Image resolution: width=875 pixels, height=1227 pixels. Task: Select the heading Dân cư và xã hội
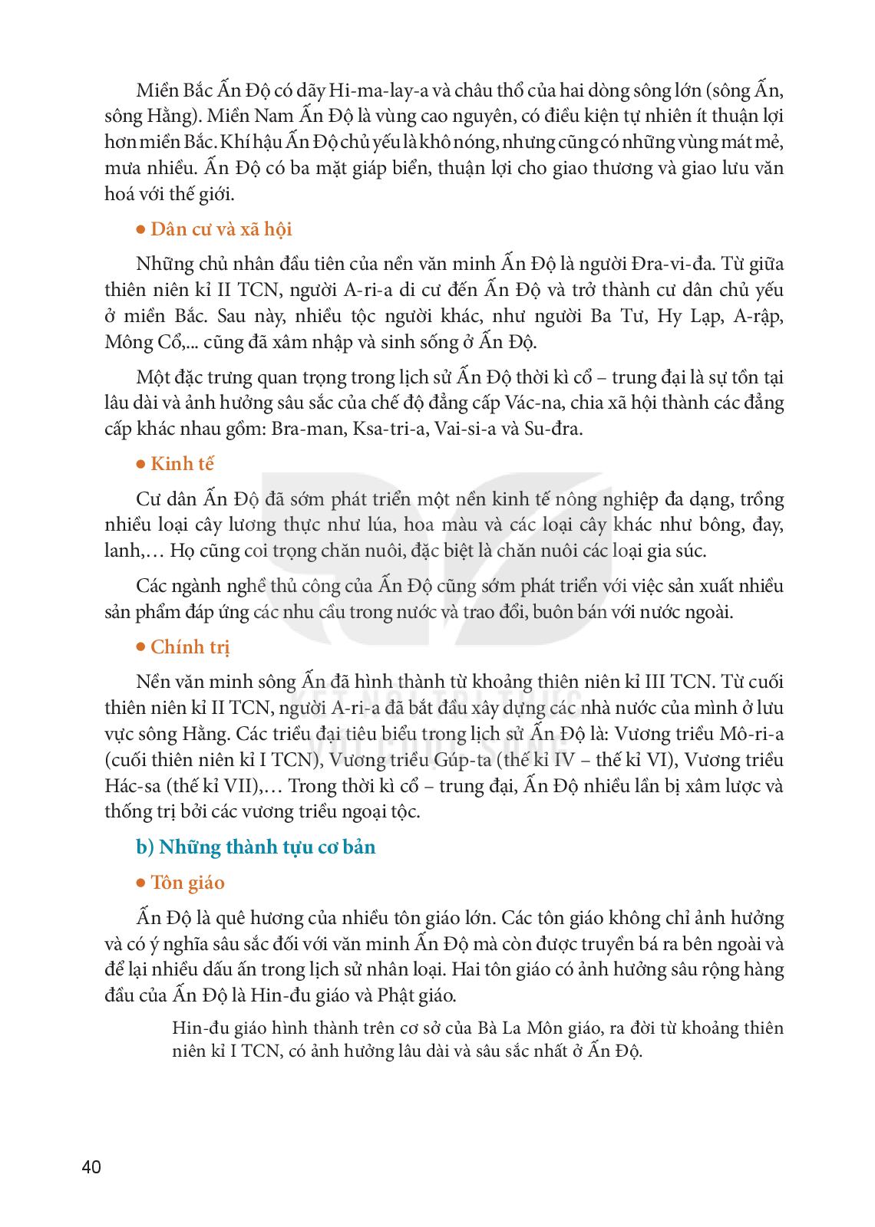pyautogui.click(x=221, y=229)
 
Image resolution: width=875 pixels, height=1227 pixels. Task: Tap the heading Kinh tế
pyautogui.click(x=182, y=464)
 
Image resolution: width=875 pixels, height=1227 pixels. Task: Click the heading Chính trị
pyautogui.click(x=190, y=646)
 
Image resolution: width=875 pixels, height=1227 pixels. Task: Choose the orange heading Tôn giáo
pyautogui.click(x=187, y=883)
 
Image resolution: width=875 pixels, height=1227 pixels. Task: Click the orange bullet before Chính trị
pyautogui.click(x=140, y=646)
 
